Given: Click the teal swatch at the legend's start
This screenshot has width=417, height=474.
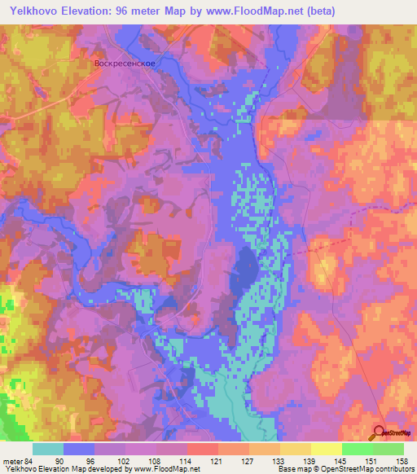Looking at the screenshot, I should click(x=48, y=449).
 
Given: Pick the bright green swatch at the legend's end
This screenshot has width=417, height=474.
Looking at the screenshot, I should click(x=388, y=449).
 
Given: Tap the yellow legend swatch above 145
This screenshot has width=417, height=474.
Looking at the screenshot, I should click(x=327, y=449).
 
